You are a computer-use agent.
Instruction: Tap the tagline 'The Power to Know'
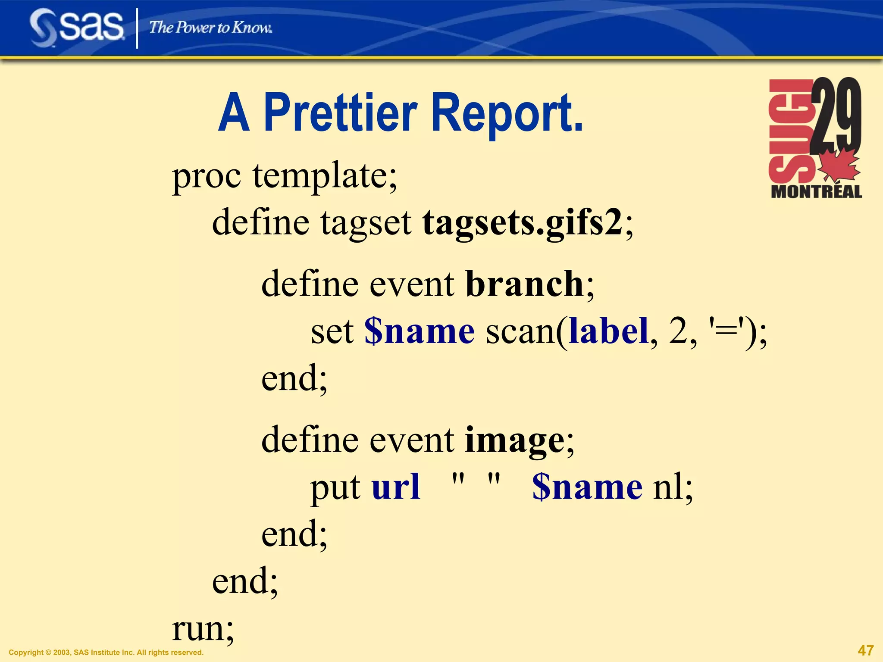(210, 28)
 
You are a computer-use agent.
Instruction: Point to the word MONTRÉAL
(816, 192)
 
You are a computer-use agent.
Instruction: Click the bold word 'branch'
(524, 284)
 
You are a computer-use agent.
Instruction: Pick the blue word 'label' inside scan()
(609, 331)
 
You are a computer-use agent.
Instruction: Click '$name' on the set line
(419, 331)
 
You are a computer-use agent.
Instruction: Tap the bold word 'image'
(514, 440)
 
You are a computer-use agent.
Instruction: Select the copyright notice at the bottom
(106, 653)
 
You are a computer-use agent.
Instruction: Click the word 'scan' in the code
(520, 331)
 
